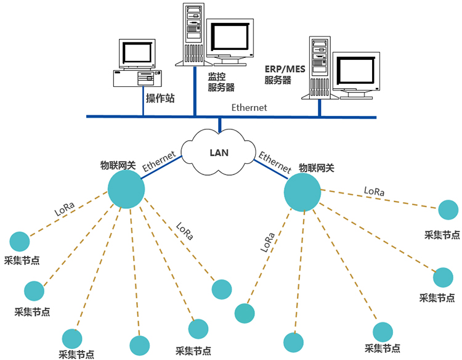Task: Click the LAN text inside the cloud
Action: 220,152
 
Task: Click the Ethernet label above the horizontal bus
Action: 249,107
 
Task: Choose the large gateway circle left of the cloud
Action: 126,189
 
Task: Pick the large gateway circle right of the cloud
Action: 302,192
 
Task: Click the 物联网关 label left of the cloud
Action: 118,165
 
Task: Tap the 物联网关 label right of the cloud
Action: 317,168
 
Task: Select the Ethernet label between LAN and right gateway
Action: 275,161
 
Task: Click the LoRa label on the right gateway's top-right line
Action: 374,192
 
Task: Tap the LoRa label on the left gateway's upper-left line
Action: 65,208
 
